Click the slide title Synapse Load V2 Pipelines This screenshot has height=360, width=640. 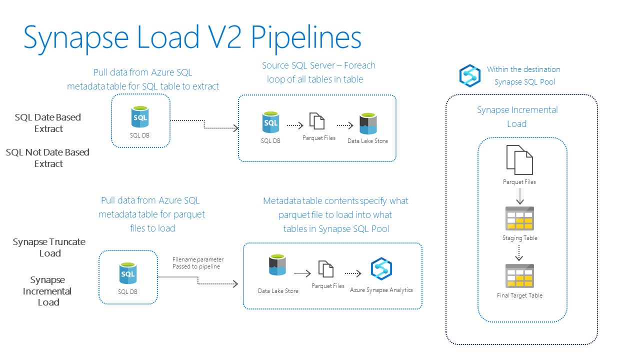192,38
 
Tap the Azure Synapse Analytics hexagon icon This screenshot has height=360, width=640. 381,268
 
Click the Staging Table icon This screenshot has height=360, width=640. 519,218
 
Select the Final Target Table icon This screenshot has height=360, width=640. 519,276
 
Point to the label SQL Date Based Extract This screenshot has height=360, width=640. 48,123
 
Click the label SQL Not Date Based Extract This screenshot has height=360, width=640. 48,158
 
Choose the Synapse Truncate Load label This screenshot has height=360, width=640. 49,247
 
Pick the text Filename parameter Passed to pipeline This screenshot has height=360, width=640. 198,263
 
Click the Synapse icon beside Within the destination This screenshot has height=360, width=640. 470,75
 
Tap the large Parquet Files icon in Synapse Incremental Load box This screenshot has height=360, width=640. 519,159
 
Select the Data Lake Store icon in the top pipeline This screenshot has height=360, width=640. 367,123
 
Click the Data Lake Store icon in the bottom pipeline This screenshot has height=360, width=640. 277,266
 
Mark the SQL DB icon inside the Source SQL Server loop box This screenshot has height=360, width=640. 270,122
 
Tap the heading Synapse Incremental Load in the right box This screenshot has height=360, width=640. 517,116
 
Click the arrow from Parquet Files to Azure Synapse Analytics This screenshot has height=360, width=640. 353,273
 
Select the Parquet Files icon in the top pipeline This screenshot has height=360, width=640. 317,121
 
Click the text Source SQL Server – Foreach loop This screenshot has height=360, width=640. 318,72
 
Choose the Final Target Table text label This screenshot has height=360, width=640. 519,295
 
